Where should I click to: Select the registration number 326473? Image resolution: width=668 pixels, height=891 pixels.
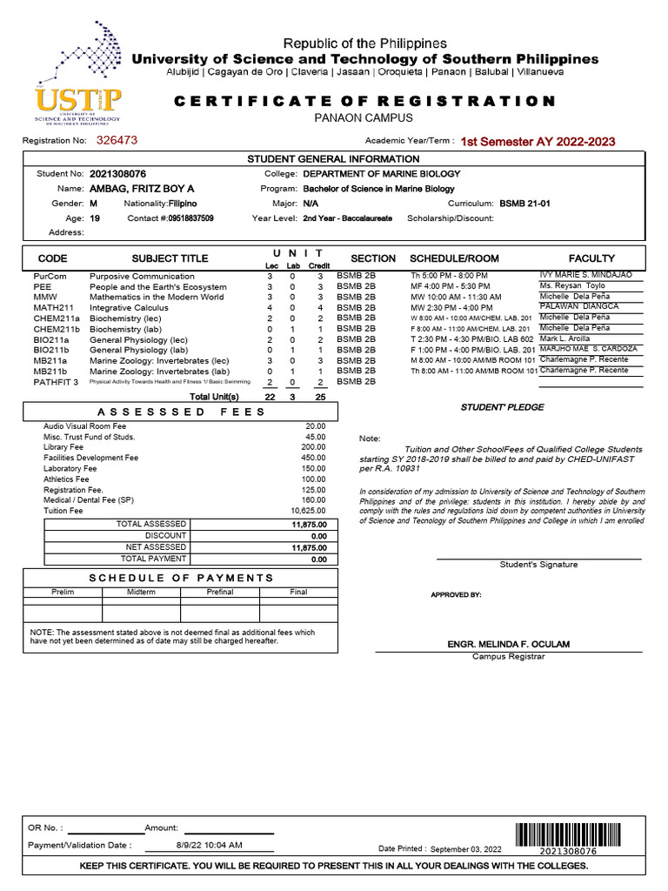tap(117, 139)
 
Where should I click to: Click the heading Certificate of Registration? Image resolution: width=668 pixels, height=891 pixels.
tap(364, 101)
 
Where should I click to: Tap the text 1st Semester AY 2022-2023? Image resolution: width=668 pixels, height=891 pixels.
tap(538, 141)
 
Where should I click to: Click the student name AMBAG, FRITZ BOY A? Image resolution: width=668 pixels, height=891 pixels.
tap(142, 189)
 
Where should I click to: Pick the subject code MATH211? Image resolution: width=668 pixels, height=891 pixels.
tap(53, 307)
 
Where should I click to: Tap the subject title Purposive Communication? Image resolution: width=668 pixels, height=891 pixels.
tap(142, 276)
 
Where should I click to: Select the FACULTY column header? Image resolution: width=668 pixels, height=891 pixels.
tap(591, 258)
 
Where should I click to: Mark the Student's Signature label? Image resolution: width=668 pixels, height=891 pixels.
tap(538, 565)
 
